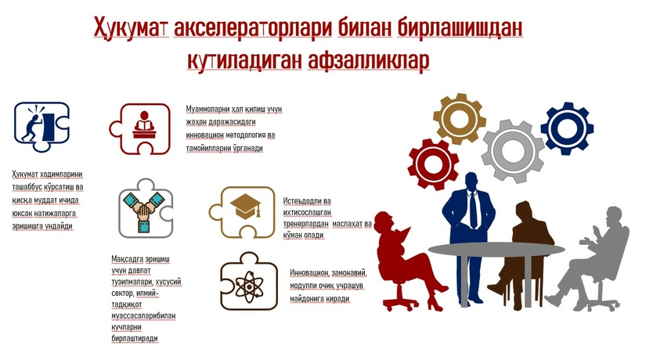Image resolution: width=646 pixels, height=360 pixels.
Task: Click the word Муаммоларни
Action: tap(211, 110)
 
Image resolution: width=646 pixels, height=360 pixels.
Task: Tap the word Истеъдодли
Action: tap(301, 201)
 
